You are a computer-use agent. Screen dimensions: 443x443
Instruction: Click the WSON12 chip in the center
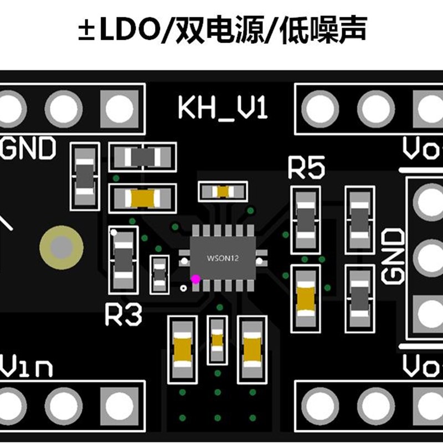pos(223,258)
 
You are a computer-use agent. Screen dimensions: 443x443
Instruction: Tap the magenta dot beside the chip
pos(195,279)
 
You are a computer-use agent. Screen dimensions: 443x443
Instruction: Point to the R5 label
pos(306,169)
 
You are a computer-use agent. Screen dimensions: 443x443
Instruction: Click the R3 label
pos(123,315)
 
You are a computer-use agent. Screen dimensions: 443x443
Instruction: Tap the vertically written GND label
pos(394,256)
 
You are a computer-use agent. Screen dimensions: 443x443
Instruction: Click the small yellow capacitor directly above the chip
pos(223,192)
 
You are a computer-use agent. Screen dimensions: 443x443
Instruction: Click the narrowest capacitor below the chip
pos(217,339)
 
